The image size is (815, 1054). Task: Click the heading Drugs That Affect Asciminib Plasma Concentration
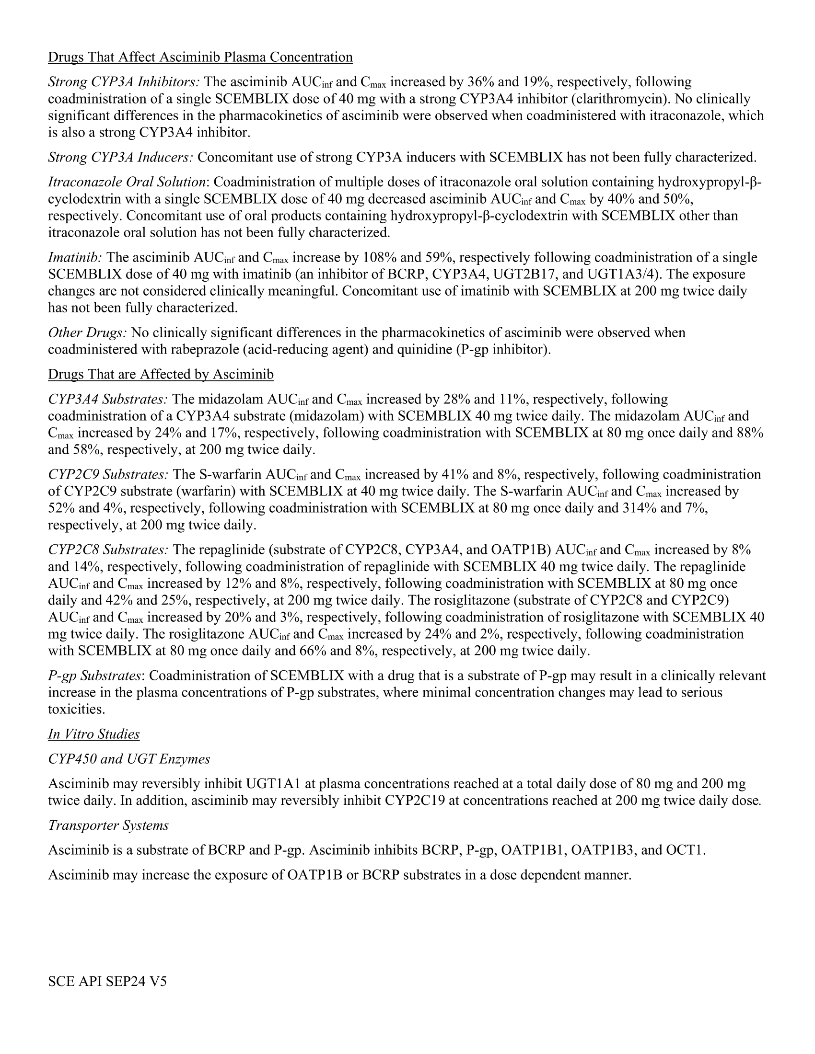point(200,57)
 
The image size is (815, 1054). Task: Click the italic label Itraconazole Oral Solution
point(127,182)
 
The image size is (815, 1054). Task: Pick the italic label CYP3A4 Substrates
point(108,399)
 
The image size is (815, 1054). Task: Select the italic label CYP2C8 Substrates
point(108,550)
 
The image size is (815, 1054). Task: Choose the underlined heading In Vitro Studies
point(93,734)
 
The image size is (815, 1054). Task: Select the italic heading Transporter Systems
point(108,825)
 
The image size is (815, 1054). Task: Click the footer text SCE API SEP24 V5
point(107,981)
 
